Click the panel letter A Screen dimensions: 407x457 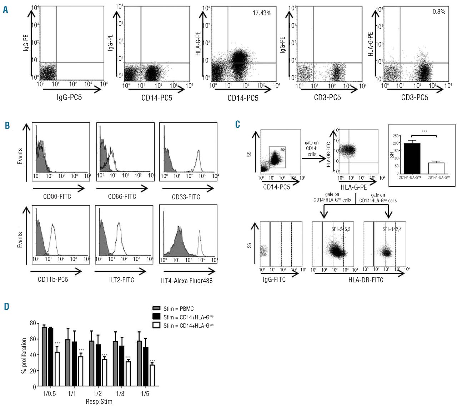click(5, 10)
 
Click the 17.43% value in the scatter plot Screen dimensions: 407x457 click(262, 13)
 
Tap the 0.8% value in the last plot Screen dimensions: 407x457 click(439, 12)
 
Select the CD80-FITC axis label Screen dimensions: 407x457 click(57, 197)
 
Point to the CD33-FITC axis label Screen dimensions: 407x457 click(186, 197)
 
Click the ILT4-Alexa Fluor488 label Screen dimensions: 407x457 click(186, 281)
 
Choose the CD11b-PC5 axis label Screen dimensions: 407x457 click(53, 280)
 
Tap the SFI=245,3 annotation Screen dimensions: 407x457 click(341, 229)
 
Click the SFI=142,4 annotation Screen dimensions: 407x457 click(392, 229)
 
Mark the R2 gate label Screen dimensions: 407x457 click(282, 150)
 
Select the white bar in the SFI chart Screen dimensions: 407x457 click(436, 168)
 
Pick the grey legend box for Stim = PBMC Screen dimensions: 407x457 click(156, 308)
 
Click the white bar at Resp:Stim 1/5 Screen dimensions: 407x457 click(152, 375)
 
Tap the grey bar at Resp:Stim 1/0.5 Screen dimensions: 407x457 click(44, 356)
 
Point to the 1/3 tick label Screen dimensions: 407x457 click(120, 394)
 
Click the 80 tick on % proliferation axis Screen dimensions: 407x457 click(32, 323)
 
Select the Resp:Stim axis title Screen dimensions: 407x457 click(99, 402)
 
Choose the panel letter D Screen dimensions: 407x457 click(6, 306)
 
